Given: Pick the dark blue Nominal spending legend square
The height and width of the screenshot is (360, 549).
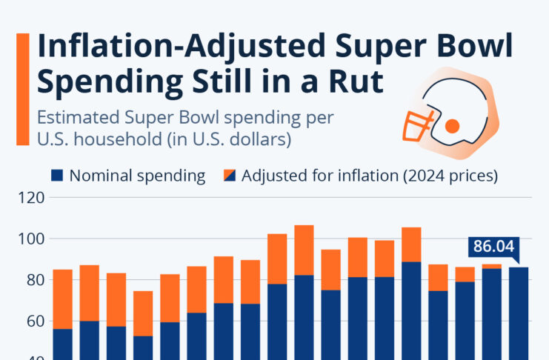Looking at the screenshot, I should coord(57,176).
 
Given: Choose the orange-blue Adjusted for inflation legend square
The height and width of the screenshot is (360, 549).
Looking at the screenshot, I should coord(229,176).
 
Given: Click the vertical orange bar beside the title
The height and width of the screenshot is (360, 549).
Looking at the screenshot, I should coord(22,89).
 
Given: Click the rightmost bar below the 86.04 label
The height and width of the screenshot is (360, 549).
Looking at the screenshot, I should coord(517,311).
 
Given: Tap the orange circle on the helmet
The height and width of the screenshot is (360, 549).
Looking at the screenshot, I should coord(452,126).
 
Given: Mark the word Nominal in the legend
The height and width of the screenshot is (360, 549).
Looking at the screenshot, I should coord(99,176).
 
